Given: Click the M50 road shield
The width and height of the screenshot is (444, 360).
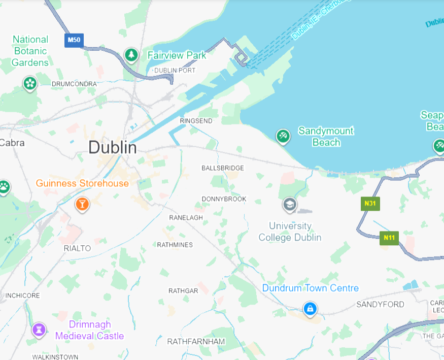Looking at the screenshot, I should (x=74, y=40).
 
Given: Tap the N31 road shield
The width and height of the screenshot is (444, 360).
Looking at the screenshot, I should (x=371, y=204).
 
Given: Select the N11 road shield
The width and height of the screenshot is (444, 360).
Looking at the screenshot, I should (x=389, y=237).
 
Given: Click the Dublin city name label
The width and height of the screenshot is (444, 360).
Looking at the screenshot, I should (x=112, y=147).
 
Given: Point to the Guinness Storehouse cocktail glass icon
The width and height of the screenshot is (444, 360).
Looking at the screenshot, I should (x=82, y=204).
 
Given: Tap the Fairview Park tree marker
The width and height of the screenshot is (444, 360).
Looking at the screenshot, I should (x=131, y=54).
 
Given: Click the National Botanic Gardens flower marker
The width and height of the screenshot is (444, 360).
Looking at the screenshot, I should (x=30, y=83).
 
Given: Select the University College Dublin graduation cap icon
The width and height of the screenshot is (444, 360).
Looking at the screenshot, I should (x=289, y=205).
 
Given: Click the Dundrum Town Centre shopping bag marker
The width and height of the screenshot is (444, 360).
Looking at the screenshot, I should (x=310, y=308).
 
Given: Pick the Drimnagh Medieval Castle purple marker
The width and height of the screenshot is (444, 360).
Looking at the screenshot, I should (x=39, y=330).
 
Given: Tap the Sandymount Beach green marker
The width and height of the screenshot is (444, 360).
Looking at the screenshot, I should (x=283, y=136).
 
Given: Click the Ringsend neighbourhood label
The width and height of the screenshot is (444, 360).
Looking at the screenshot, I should (x=196, y=121).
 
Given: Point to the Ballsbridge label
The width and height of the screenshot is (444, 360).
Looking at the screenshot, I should (x=223, y=168).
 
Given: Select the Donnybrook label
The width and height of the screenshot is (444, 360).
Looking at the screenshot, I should (x=224, y=199).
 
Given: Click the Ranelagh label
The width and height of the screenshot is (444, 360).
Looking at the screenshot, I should (x=186, y=217).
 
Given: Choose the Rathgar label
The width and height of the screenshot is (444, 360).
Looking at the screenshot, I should (x=183, y=290).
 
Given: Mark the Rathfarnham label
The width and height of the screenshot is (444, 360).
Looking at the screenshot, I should (x=196, y=341).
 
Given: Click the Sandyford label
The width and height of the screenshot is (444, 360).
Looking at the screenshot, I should (x=380, y=304).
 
